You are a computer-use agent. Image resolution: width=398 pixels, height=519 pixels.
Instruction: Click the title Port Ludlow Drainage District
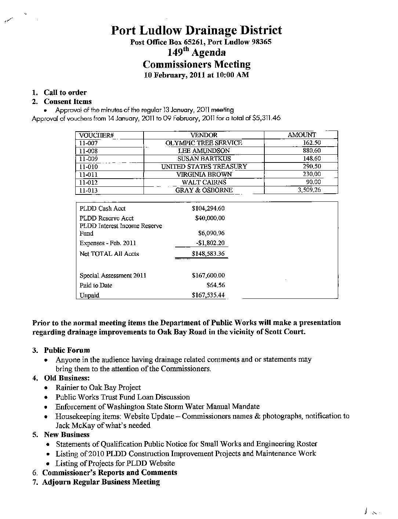click(196, 31)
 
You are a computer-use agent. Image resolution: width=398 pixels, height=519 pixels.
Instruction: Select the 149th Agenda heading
click(196, 52)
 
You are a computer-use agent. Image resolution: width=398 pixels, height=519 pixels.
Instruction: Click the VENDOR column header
click(204, 135)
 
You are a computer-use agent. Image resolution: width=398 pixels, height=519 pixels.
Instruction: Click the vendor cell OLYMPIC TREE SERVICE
click(204, 143)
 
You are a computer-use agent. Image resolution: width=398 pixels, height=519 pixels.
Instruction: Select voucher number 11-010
click(88, 167)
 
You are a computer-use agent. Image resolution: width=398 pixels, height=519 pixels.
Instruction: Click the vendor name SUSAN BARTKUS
click(204, 159)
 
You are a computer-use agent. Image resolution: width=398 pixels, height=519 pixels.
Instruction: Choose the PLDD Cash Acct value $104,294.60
click(208, 208)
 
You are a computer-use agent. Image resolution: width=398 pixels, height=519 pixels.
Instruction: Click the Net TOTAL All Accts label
click(109, 254)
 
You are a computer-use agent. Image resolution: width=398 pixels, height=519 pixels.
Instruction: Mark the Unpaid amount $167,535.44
click(208, 295)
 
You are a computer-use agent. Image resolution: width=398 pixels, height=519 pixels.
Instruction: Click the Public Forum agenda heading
click(67, 350)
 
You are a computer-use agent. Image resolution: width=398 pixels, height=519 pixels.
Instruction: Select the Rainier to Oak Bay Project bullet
click(98, 387)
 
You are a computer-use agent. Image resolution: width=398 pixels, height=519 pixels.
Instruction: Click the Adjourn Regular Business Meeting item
click(101, 482)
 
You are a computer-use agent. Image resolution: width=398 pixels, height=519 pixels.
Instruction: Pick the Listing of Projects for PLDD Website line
click(115, 463)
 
